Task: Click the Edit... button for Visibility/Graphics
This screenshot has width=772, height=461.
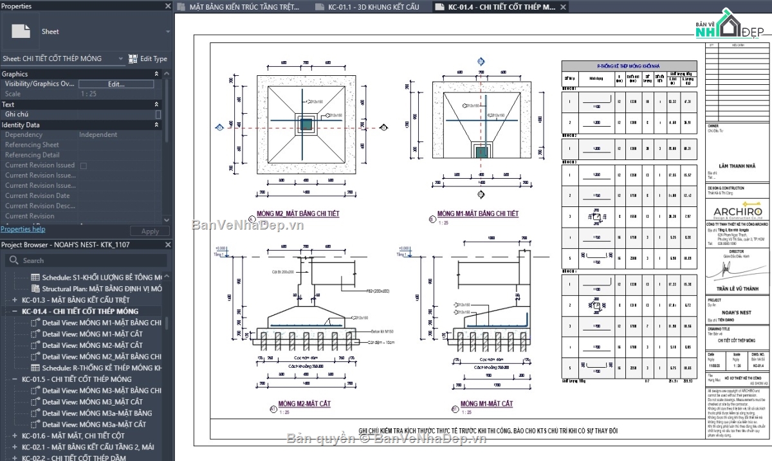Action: (116, 84)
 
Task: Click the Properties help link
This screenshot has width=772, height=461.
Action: (23, 229)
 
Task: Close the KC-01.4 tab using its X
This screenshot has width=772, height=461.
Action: (563, 7)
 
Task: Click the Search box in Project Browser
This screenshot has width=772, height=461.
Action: (87, 260)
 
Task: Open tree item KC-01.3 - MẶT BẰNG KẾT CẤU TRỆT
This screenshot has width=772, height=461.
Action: (75, 300)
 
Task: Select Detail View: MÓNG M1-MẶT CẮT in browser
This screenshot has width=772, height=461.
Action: (93, 334)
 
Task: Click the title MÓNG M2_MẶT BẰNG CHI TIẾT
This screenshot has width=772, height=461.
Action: (298, 213)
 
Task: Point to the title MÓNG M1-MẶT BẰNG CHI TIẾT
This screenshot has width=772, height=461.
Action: (477, 213)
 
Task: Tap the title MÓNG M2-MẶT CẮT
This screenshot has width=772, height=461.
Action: (296, 404)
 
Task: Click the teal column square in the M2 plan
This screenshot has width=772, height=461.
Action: (306, 123)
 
